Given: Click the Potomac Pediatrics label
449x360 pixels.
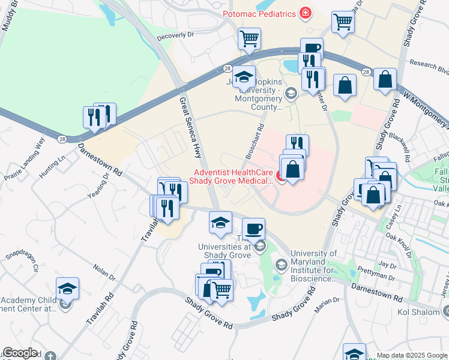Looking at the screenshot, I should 260,13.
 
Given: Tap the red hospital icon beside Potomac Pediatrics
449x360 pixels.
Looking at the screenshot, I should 306,13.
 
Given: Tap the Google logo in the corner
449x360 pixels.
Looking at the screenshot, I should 20,353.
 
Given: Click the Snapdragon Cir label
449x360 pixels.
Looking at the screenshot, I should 23,262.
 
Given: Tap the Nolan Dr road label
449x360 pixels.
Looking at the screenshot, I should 104,274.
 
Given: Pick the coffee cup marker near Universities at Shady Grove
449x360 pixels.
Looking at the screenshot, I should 253,228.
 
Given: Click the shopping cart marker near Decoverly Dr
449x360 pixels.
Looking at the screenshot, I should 249,38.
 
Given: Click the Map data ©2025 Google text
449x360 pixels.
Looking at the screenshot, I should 412,355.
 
